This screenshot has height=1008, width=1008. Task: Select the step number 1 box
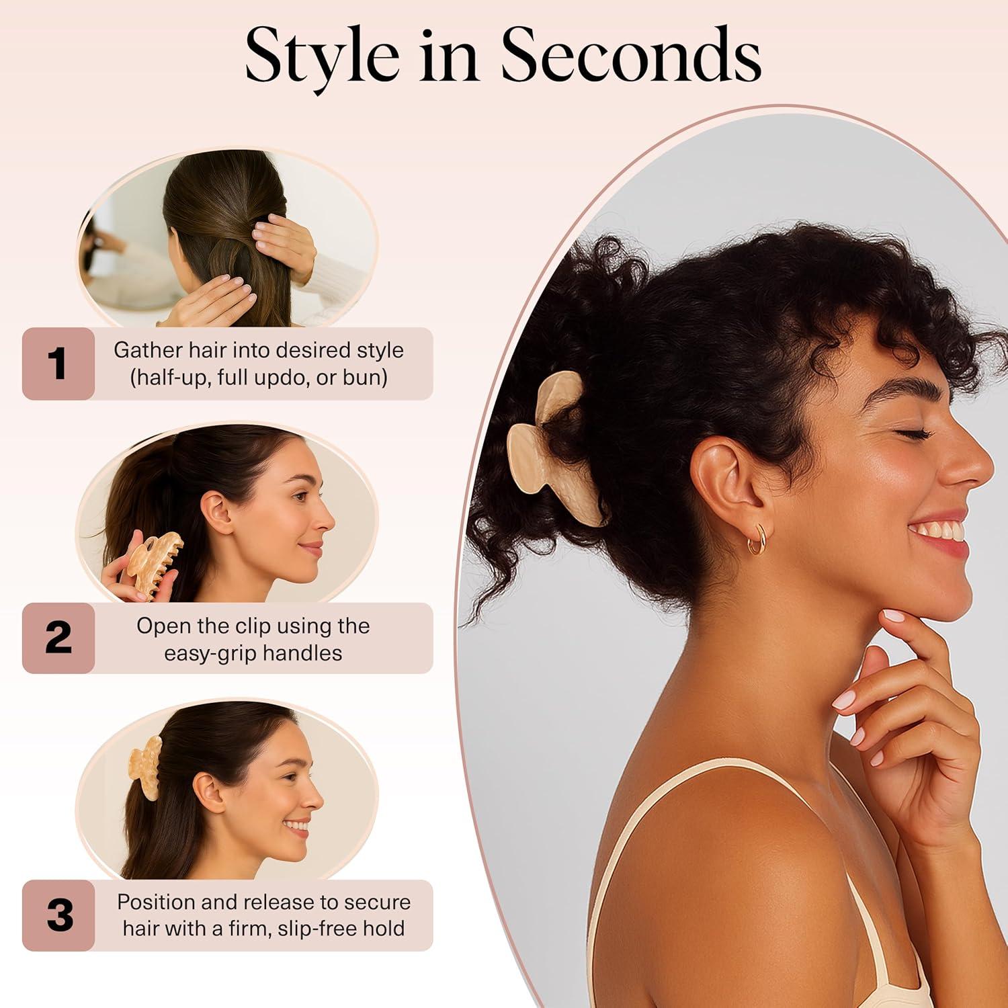58,364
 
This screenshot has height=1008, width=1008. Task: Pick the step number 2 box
58,638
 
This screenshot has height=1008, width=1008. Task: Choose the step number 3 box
58,915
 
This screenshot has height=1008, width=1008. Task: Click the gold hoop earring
757,540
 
